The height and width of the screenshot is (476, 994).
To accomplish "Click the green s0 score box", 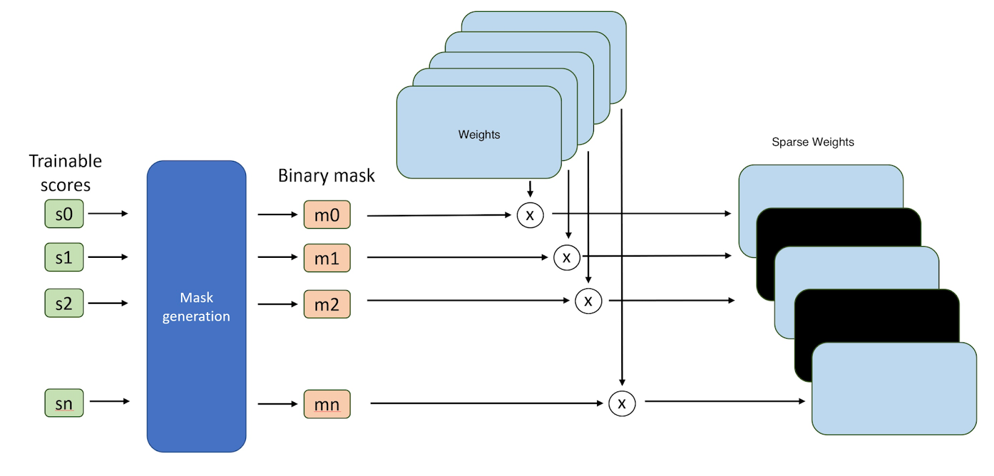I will tap(64, 214).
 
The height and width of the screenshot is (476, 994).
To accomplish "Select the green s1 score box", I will tap(64, 257).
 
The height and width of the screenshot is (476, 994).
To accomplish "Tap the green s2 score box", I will tap(64, 303).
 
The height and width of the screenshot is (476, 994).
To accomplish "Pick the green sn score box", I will tap(64, 403).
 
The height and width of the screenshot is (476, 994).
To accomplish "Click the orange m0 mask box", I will tap(327, 215).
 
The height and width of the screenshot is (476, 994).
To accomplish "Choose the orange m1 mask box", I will tap(327, 258).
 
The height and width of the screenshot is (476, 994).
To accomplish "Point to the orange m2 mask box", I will tap(327, 304).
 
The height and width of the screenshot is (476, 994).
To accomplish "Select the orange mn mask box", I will tap(327, 405).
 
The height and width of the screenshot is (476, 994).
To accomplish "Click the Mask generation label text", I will tap(196, 307).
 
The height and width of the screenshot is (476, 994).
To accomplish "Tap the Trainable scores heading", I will tap(65, 173).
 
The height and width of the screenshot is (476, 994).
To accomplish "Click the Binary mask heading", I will tap(326, 176).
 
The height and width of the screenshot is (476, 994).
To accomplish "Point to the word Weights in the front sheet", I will tap(479, 135).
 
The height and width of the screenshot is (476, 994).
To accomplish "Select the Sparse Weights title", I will tap(813, 142).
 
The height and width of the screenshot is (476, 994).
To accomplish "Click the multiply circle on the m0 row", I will tap(530, 215).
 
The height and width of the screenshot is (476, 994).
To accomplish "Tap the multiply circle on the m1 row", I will tap(567, 257).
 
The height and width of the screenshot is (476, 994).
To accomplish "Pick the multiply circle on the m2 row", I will tap(588, 301).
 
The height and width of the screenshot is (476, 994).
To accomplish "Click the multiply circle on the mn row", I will tap(622, 404).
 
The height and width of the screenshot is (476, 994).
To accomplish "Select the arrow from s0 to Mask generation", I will tap(107, 214).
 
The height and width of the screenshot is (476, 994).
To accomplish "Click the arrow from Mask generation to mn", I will tap(277, 404).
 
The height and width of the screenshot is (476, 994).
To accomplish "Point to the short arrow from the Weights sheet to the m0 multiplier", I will tap(530, 189).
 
